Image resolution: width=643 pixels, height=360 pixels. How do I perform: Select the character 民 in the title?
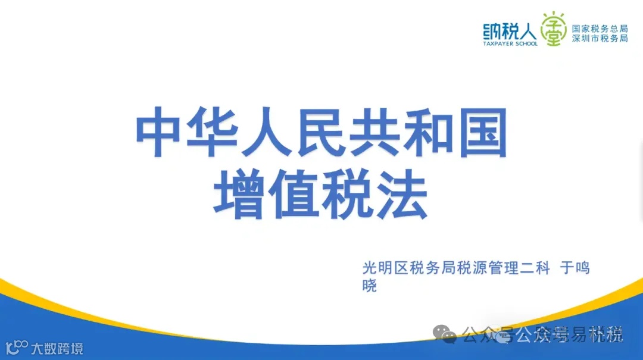pos(322,132)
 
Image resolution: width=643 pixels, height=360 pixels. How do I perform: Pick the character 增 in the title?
pos(242,195)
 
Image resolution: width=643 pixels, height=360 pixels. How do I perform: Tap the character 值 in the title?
pos(295,195)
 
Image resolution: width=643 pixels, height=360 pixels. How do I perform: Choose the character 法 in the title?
pos(401,195)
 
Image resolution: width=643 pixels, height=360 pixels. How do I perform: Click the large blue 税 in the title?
pos(348,195)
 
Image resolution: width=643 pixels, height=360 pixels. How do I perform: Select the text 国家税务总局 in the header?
pos(600,27)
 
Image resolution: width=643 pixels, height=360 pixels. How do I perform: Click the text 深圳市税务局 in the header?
pos(600,38)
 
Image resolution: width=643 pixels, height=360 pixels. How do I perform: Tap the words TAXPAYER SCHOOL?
pos(510,43)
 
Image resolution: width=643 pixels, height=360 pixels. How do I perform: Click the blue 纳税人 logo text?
pos(510,29)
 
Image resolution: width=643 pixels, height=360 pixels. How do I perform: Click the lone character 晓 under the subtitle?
pos(370,286)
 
